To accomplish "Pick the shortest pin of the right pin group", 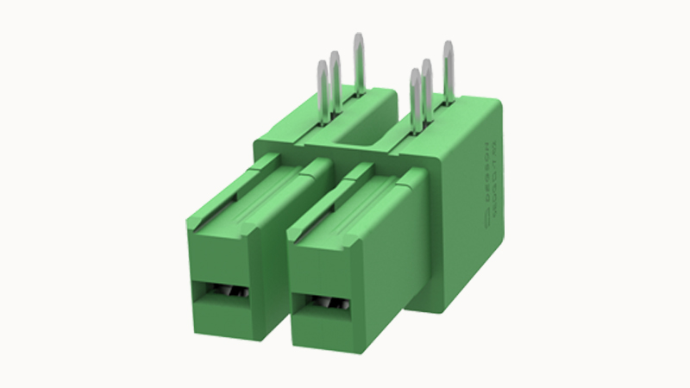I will (415, 99).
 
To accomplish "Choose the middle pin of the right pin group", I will (426, 91).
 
